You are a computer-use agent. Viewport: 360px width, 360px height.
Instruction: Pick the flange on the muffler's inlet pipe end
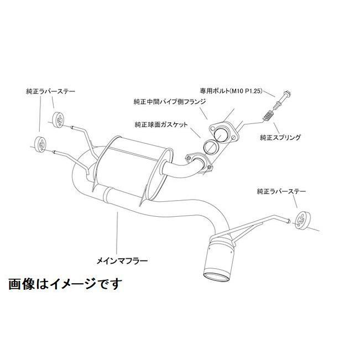[201, 160]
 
